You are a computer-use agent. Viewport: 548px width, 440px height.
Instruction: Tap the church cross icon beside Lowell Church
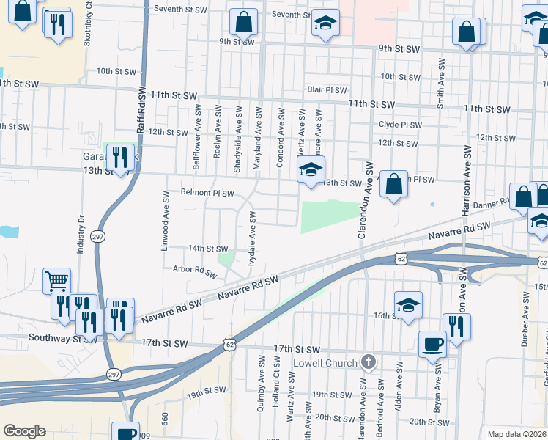coord(369,362)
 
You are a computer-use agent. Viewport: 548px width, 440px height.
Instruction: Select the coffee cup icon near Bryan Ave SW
coord(432,343)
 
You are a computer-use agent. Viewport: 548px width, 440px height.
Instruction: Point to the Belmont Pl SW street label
coord(207,194)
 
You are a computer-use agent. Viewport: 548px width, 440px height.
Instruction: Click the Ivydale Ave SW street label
coord(252,238)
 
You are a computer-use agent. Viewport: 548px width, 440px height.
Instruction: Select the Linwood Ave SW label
coord(164,221)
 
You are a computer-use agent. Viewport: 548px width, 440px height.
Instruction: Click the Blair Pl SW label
coord(327,89)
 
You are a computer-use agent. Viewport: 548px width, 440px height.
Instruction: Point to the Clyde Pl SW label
coord(400,125)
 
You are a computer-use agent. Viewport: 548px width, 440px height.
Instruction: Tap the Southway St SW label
coord(63,339)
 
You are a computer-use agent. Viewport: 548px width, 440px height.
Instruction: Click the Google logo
coord(24,431)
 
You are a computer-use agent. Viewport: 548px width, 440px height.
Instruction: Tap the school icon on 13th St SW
coord(311,170)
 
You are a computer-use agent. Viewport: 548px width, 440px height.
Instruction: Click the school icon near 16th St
coord(407,305)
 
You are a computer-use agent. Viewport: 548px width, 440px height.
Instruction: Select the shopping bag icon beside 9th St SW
coord(243,22)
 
